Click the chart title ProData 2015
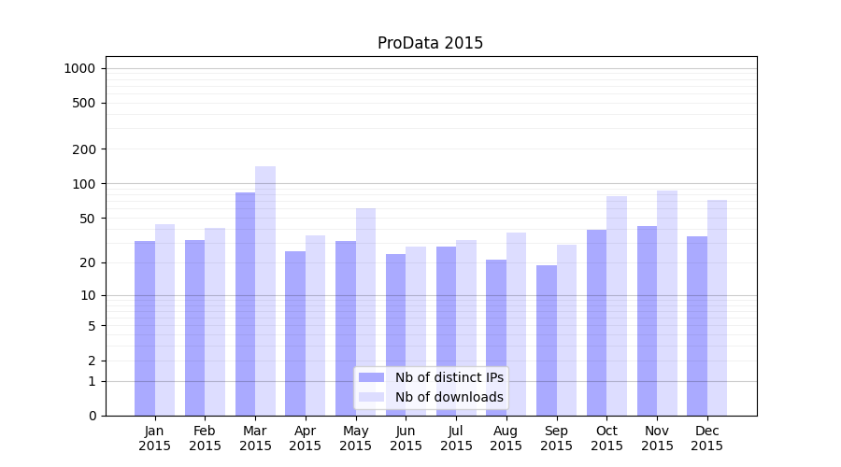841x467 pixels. coord(430,43)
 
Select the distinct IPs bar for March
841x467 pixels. coord(245,304)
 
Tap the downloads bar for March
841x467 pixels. coord(265,290)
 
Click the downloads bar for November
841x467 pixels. coord(667,303)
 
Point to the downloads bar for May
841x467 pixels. coord(365,312)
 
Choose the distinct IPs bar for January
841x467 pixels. coord(145,328)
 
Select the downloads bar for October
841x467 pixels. coord(617,305)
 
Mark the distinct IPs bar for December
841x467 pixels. coord(697,326)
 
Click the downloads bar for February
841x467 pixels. coord(215,321)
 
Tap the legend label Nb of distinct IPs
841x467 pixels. coord(449,377)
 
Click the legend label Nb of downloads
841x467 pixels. coord(449,397)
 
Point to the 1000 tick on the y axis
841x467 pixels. coord(79,68)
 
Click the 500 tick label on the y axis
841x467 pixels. coord(84,103)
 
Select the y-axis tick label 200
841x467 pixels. coord(84,149)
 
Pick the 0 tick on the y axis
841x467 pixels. coord(92,416)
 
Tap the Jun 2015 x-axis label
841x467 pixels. coord(406,438)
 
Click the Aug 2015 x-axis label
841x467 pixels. coord(506,438)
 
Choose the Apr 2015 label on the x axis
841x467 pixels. coord(306,438)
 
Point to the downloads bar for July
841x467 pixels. coord(466,328)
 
